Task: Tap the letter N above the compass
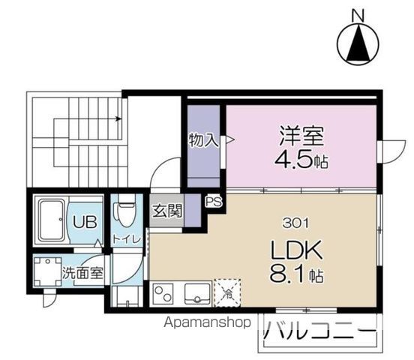pos(358,13)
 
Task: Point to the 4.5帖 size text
pos(303,161)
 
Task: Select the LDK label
pos(292,250)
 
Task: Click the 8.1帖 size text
pos(294,275)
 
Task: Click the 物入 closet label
pos(203,139)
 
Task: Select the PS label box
pos(212,202)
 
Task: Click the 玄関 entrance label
pos(167,211)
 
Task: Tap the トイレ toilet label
pos(124,239)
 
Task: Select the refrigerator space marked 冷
pos(227,292)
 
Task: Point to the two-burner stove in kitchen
pos(164,292)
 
